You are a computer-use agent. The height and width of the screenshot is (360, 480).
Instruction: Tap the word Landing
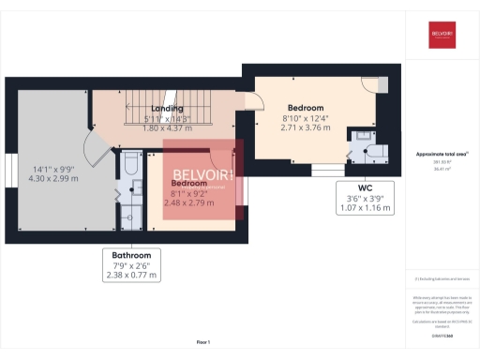point(167,109)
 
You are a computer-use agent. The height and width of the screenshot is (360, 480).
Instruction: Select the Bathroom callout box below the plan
point(131,264)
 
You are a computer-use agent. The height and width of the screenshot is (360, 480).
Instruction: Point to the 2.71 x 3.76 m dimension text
point(307,127)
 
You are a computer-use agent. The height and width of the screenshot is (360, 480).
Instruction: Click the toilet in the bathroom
point(130,166)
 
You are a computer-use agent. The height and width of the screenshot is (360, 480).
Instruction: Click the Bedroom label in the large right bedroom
point(307,106)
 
